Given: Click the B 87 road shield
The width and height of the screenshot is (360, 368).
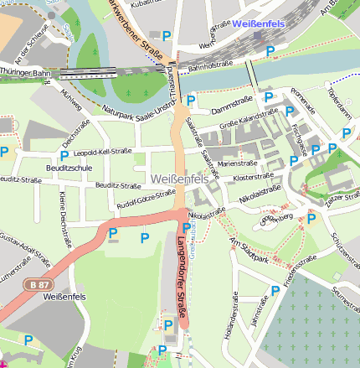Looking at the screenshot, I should click(34, 285).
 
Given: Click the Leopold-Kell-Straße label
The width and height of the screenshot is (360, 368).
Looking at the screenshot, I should click(103, 153).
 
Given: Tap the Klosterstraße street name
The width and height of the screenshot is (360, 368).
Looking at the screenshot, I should click(254, 179).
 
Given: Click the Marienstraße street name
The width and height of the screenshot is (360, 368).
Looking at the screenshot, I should click(235, 164).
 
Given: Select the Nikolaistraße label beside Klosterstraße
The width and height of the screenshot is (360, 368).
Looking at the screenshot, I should click(260, 194).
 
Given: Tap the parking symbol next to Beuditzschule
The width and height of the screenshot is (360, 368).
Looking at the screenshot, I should click(64, 155).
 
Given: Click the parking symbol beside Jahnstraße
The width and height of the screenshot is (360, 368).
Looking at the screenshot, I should click(275, 291).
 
